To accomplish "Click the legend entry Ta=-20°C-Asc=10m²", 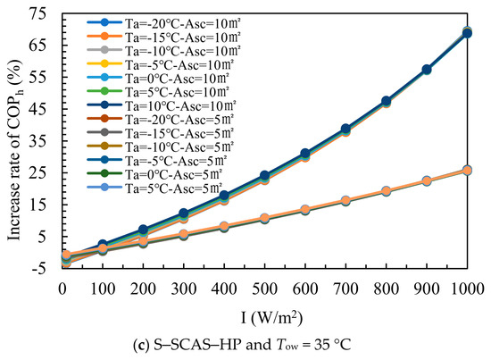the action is (163, 23).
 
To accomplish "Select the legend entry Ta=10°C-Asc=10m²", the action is (162, 105).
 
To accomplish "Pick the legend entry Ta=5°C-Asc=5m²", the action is (154, 188).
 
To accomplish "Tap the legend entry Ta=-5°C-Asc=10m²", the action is (161, 64).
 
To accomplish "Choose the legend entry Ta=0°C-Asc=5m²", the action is (154, 174).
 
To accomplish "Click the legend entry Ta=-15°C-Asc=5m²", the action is (161, 133).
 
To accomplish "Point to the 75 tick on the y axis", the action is (37, 13).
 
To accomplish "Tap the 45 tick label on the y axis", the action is (37, 109).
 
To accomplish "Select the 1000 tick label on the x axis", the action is (468, 289).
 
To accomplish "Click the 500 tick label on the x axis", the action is (264, 289).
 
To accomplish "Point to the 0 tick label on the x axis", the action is (62, 289).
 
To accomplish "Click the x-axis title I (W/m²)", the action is (271, 317).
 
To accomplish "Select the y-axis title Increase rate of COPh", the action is (16, 150).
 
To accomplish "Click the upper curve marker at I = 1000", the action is (467, 32).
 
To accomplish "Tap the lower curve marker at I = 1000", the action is (467, 171).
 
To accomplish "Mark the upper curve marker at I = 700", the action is (345, 129).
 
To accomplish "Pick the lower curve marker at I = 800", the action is (386, 191).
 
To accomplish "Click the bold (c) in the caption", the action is (139, 346).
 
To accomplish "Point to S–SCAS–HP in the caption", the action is (197, 345).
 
